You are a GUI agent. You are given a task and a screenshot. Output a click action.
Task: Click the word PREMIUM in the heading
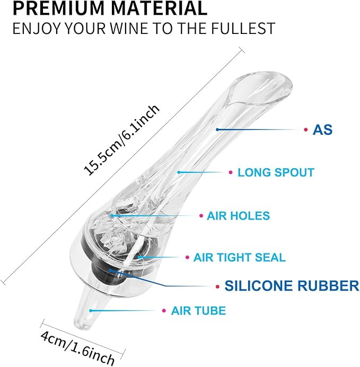coord(59,8)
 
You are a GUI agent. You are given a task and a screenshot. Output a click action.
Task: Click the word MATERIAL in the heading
coord(159,8)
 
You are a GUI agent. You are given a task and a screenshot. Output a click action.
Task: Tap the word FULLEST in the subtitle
coord(243,28)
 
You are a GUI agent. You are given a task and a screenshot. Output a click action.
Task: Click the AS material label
coord(322,129)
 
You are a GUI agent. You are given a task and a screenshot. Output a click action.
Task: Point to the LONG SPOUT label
coord(276,172)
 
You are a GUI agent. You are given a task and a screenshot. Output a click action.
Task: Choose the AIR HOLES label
coord(239,215)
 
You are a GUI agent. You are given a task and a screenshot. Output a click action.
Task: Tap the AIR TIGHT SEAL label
coord(240,257)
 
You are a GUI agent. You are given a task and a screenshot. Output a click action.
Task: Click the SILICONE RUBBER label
coord(292,286)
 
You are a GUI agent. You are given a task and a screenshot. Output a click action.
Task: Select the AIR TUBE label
coord(199,311)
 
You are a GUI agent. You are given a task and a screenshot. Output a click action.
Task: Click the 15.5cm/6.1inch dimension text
coord(121,139)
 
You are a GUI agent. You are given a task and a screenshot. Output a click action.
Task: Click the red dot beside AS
coord(306,129)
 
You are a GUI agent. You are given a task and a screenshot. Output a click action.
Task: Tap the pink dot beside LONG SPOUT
coord(231,172)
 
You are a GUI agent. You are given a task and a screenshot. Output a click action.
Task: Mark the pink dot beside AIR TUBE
coord(164,311)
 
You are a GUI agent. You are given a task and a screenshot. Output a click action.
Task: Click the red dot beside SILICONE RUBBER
coord(217,286)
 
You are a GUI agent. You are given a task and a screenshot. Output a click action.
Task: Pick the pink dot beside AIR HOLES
coord(201,215)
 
